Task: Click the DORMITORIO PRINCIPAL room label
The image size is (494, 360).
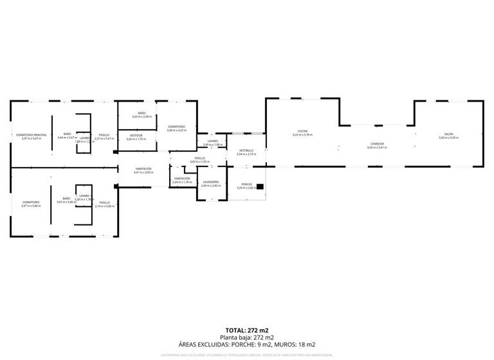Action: pos(31,135)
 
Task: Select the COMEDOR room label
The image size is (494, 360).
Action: pos(377,144)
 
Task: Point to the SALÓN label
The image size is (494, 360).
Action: pos(448,134)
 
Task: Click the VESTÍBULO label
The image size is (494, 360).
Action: pos(246,150)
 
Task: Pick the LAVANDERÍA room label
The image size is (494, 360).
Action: pos(210,182)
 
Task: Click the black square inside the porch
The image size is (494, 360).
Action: pos(260,187)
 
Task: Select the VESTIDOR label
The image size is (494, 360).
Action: pos(136,135)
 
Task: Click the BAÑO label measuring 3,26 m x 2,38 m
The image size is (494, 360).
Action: pos(142,113)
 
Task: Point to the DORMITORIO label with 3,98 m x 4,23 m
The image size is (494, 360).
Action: pos(176,127)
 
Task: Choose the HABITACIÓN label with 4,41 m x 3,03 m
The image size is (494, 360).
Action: pos(143,168)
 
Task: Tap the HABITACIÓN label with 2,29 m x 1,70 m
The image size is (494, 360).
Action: pos(182,179)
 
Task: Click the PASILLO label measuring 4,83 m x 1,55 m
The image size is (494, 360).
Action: pos(199,158)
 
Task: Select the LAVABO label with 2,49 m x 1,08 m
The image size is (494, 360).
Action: pos(212,141)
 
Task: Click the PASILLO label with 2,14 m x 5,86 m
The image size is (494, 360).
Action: pos(104,203)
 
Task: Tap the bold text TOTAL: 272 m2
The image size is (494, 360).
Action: pos(247,330)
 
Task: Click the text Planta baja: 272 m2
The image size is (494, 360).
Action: pos(247,337)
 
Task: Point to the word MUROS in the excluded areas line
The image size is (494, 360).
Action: pos(285,345)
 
